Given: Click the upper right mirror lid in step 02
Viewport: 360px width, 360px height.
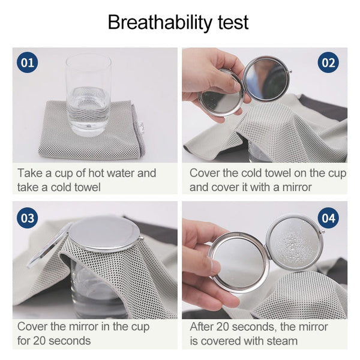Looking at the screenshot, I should point(266,78).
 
